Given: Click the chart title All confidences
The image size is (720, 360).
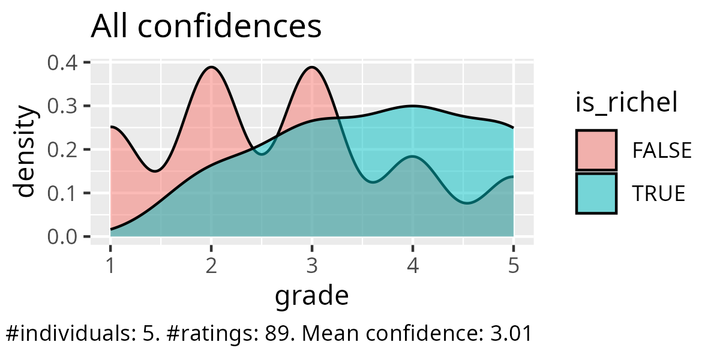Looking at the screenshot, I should [206, 27].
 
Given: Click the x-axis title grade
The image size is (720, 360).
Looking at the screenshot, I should [311, 295].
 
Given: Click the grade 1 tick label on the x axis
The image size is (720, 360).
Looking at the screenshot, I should [110, 265].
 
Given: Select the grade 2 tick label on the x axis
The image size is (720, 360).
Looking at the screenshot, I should [211, 265].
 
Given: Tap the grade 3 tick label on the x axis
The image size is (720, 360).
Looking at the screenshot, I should [312, 265].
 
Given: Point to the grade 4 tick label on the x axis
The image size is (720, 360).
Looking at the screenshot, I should [413, 265].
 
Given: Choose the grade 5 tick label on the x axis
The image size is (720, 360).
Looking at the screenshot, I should [514, 265].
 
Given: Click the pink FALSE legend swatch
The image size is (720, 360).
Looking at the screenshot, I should [596, 150].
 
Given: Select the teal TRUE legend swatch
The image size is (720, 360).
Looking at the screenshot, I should [596, 193].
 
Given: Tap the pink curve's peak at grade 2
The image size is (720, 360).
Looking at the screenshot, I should [211, 67].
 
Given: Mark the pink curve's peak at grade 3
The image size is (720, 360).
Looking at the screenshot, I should [312, 67].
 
